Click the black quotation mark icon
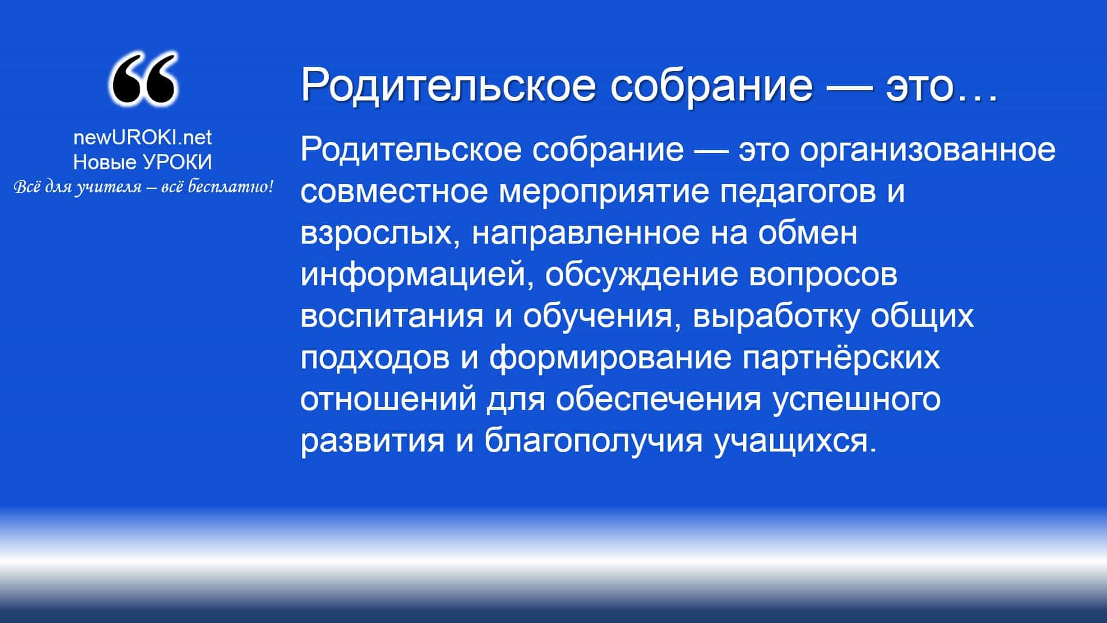pyautogui.click(x=143, y=79)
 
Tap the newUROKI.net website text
pyautogui.click(x=142, y=137)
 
